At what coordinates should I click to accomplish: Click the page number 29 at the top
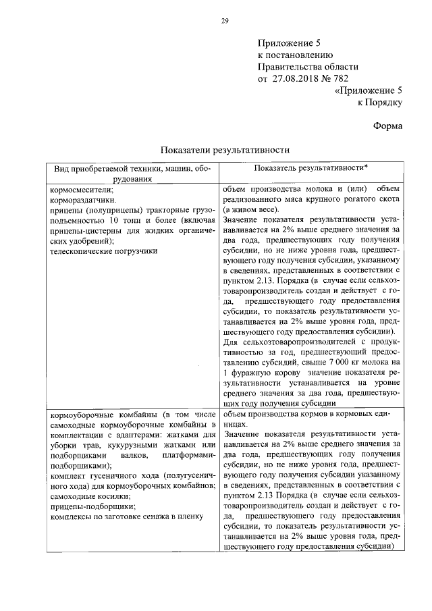(x=225, y=20)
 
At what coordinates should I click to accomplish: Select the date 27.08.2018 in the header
(x=299, y=78)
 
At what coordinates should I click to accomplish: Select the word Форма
(x=388, y=126)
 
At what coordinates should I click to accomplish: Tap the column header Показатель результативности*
(x=310, y=167)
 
